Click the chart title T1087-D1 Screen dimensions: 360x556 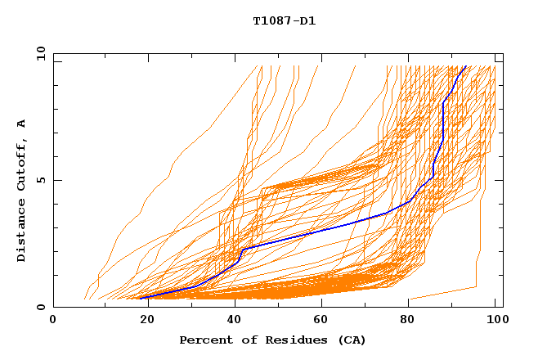point(284,21)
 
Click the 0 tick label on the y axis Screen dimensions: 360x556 point(40,307)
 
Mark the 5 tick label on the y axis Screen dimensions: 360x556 point(40,180)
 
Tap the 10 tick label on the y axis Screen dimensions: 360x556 point(38,53)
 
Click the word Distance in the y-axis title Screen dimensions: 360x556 point(21,231)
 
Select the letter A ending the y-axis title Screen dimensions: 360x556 point(21,123)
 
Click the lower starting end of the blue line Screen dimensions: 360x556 point(141,298)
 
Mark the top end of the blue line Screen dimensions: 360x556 point(465,67)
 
